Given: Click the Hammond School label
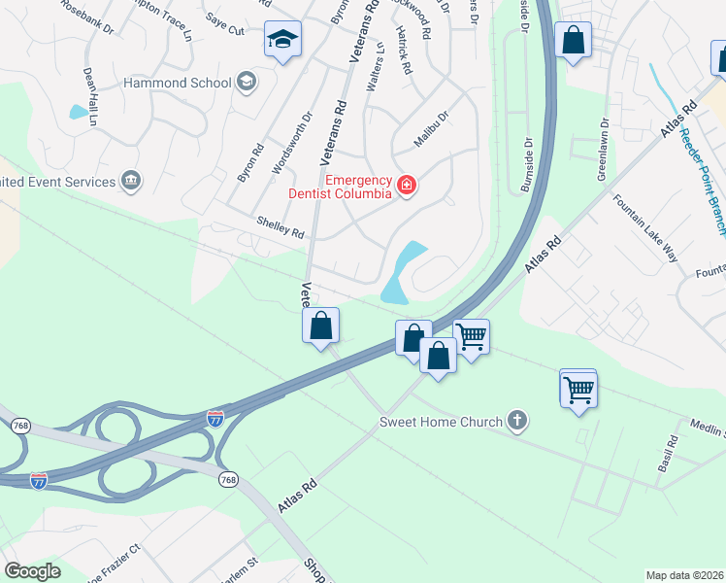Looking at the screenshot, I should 177,84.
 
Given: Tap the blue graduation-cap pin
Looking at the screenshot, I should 282,41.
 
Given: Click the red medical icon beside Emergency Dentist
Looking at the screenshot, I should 406,186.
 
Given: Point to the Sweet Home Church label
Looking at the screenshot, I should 441,422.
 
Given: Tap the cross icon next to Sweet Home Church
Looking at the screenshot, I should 518,421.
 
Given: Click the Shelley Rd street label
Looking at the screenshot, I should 280,228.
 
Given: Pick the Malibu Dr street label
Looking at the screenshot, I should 432,129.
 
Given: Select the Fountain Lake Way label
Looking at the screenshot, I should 644,228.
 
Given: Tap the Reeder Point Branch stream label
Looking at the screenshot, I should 703,181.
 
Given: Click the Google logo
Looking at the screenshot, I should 32,571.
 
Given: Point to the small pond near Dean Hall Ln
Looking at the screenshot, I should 78,112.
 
